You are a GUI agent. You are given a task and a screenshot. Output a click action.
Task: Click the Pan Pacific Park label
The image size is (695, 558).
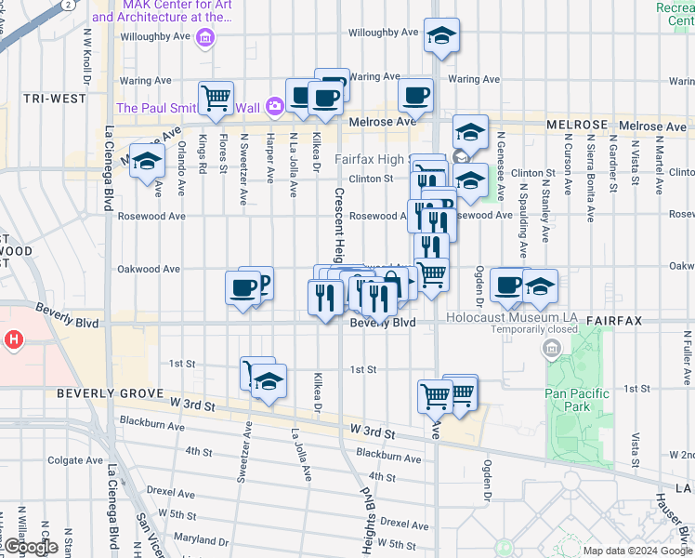[578, 400]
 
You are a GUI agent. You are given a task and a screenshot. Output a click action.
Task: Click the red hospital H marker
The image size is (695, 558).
[14, 340]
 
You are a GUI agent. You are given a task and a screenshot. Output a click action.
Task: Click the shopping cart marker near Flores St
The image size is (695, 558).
[216, 98]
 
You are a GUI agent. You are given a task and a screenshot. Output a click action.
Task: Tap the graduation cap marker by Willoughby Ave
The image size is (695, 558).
[440, 36]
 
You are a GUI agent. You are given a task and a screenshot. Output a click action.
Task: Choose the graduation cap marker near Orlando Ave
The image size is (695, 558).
[147, 162]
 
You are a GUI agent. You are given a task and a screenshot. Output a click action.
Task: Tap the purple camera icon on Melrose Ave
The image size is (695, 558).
[274, 106]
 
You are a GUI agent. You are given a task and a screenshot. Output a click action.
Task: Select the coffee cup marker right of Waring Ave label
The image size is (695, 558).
[415, 94]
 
